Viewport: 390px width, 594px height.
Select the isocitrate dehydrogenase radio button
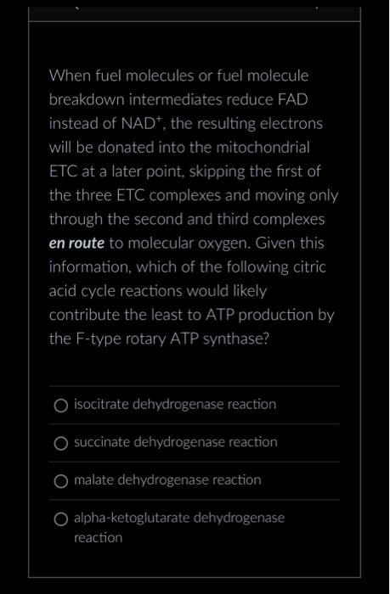tap(61, 405)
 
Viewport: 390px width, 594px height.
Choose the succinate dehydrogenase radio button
tap(61, 443)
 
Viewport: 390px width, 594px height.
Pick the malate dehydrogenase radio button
tap(61, 481)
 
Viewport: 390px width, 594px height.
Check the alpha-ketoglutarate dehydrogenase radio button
tap(61, 518)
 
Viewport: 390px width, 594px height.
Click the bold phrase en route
tap(76, 244)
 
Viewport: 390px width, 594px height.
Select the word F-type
tap(98, 339)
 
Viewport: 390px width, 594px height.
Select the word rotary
tap(150, 339)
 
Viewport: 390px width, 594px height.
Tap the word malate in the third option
tap(93, 480)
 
